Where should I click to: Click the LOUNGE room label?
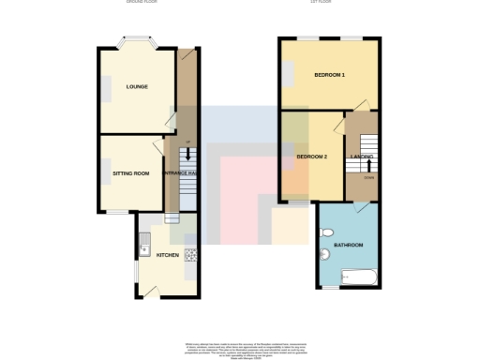137,86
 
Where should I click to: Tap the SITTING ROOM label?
131,173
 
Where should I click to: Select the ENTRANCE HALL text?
180,173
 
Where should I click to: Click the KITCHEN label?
167,254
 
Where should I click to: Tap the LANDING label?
362,156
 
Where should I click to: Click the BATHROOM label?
351,245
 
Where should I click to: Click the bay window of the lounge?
137,42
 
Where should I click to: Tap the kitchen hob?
190,254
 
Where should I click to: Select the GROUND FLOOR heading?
142,3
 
